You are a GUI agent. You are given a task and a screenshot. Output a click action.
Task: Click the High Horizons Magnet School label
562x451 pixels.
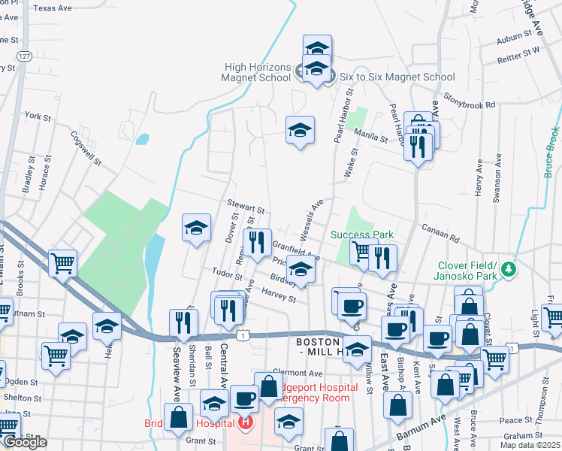[x=257, y=71]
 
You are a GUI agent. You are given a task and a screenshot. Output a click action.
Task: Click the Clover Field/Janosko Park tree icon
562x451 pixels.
[x=509, y=268]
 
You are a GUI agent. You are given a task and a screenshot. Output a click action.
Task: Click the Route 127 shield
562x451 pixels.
[x=25, y=57]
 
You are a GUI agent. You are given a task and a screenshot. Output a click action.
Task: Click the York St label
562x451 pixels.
[x=37, y=117]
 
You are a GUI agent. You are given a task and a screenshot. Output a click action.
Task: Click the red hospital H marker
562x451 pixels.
[x=244, y=424]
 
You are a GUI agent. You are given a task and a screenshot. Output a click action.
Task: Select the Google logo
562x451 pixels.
[x=24, y=442]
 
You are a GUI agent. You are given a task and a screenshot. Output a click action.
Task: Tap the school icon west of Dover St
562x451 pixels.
[x=196, y=228]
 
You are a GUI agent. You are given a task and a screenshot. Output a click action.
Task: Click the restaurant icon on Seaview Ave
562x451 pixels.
[x=183, y=322]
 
